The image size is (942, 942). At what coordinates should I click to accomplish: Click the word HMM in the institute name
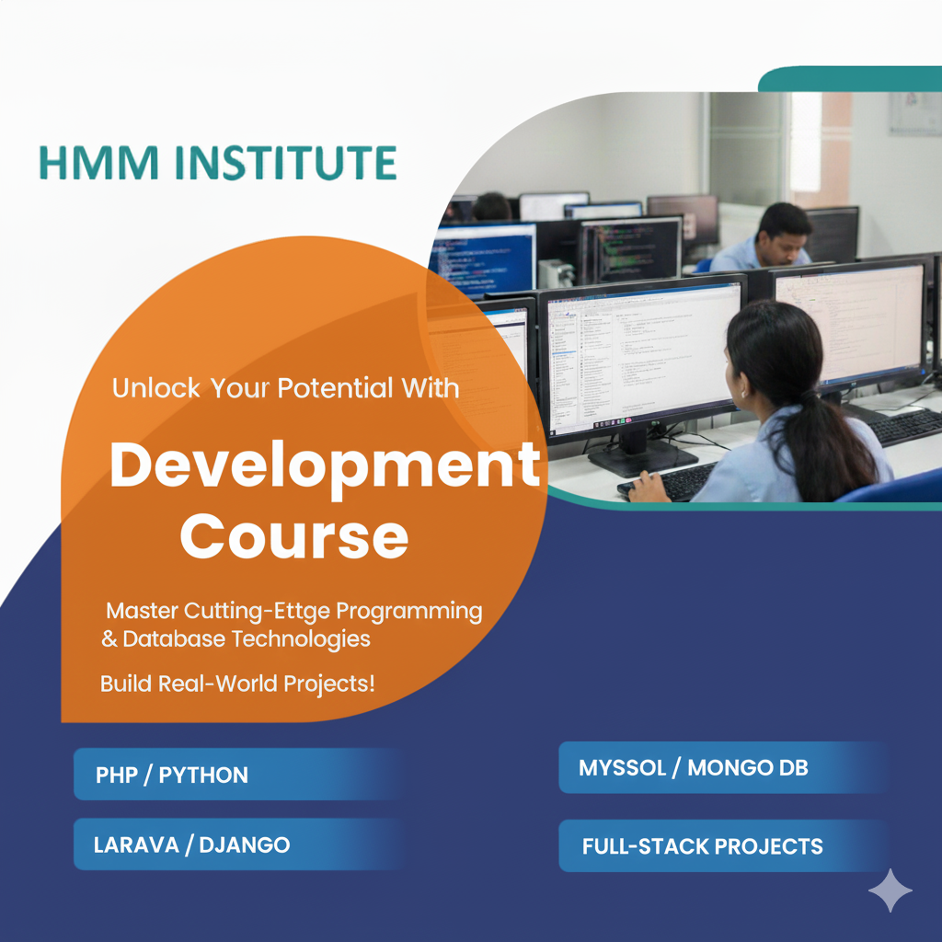99,163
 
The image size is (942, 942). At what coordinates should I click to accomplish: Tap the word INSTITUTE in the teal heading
286,163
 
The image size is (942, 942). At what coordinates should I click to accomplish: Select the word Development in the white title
325,466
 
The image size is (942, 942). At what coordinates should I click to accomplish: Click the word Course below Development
294,536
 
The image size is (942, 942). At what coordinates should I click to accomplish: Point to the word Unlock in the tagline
156,388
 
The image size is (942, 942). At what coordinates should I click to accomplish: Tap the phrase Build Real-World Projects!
237,684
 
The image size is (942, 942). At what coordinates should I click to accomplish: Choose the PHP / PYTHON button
238,775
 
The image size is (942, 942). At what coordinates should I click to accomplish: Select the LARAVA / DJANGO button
238,844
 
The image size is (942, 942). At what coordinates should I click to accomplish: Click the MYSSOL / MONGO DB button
723,767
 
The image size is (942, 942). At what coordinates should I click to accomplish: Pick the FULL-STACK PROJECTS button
723,846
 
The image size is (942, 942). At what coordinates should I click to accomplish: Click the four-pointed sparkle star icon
890,890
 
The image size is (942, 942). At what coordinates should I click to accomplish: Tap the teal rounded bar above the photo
850,79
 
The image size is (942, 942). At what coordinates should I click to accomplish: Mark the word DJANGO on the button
245,845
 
